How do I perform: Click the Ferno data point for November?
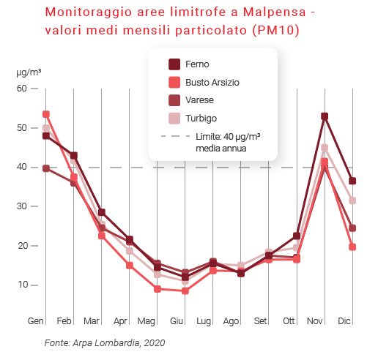[325, 116]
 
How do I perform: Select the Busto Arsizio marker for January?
[46, 114]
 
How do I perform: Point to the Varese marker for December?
[352, 228]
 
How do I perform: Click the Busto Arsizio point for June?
[185, 290]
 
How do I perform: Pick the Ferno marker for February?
[74, 156]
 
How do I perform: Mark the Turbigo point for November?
[325, 148]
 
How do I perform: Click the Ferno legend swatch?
[174, 64]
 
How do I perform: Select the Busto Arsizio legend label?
[212, 83]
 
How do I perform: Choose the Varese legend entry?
[200, 100]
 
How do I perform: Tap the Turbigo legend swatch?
[174, 118]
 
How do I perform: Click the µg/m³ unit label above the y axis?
[29, 72]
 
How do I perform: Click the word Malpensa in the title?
[262, 13]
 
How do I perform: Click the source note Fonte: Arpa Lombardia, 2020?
[105, 342]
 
